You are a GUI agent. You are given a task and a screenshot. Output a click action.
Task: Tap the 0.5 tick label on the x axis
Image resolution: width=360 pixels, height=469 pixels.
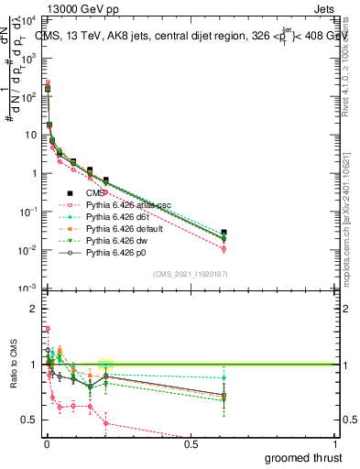coord(191,443)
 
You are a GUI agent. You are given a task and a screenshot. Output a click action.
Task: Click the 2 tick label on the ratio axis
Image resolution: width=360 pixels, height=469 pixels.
coord(34,309)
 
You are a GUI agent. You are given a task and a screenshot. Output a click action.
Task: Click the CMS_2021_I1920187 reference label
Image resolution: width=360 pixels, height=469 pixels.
coord(190,274)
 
